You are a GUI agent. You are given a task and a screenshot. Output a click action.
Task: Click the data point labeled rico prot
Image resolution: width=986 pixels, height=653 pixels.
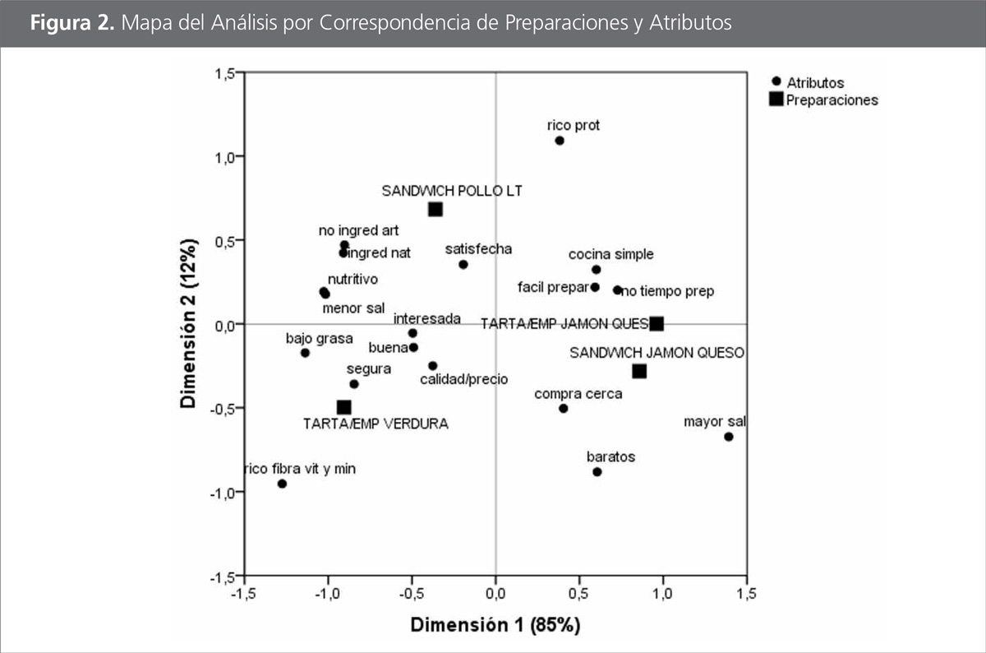[x=560, y=141]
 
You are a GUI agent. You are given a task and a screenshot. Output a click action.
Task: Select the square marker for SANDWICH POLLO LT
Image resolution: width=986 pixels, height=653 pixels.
[x=435, y=209]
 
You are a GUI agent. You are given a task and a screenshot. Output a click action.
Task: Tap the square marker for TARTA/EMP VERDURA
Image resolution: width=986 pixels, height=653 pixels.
[x=344, y=407]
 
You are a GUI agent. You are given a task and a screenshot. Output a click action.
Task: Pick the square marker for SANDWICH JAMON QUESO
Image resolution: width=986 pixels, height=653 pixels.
[x=639, y=371]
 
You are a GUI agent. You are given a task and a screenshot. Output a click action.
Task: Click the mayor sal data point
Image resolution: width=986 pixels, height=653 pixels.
[x=729, y=437]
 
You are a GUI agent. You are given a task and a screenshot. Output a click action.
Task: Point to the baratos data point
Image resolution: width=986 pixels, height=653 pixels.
[x=597, y=471]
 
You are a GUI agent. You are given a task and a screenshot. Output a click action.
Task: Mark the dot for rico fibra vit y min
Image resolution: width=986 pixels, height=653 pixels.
[x=282, y=484]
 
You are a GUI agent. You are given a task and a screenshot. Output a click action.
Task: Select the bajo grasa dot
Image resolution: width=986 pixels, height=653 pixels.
[x=305, y=353]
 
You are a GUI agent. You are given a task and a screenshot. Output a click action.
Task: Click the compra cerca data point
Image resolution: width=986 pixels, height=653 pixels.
[x=564, y=408]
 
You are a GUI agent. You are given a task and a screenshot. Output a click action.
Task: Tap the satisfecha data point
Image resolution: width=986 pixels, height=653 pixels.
[x=463, y=264]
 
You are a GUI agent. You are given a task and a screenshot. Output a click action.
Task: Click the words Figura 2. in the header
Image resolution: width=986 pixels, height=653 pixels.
[x=72, y=23]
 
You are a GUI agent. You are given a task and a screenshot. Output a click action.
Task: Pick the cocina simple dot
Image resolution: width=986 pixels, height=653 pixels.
[x=597, y=270]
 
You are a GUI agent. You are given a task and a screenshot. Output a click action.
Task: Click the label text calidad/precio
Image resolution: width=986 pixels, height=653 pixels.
[x=463, y=380]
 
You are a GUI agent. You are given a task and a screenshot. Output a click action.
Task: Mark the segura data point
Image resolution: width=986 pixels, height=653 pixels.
[x=354, y=384]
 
